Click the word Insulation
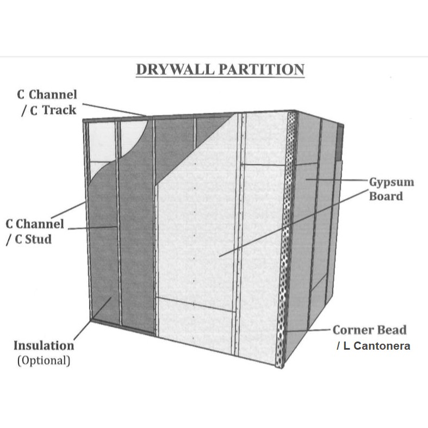[x=44, y=345]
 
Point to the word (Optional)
[x=44, y=360]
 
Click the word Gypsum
[x=391, y=182]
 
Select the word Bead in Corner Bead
[x=392, y=330]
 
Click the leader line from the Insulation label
[x=94, y=316]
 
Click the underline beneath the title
[x=220, y=78]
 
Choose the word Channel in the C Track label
[x=53, y=95]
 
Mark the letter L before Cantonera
[x=346, y=346]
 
